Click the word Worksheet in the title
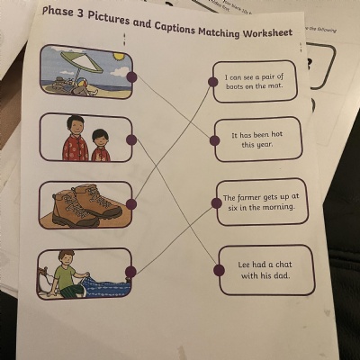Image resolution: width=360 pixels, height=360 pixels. [267, 31]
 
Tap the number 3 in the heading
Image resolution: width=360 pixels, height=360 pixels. [79, 14]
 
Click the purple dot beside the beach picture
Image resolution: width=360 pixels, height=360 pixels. [131, 77]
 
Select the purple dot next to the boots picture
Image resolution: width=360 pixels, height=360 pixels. [131, 204]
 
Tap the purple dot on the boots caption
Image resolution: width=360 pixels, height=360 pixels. [212, 82]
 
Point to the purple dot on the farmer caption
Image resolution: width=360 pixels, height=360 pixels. [216, 203]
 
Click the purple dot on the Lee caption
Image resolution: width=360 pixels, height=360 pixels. [219, 270]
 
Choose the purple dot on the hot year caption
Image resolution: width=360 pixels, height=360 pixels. [214, 140]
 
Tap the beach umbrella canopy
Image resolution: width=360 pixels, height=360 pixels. [82, 62]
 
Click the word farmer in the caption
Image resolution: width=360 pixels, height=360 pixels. [249, 198]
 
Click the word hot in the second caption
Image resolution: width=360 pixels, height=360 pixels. [276, 134]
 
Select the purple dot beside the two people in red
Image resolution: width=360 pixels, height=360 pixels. [131, 139]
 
